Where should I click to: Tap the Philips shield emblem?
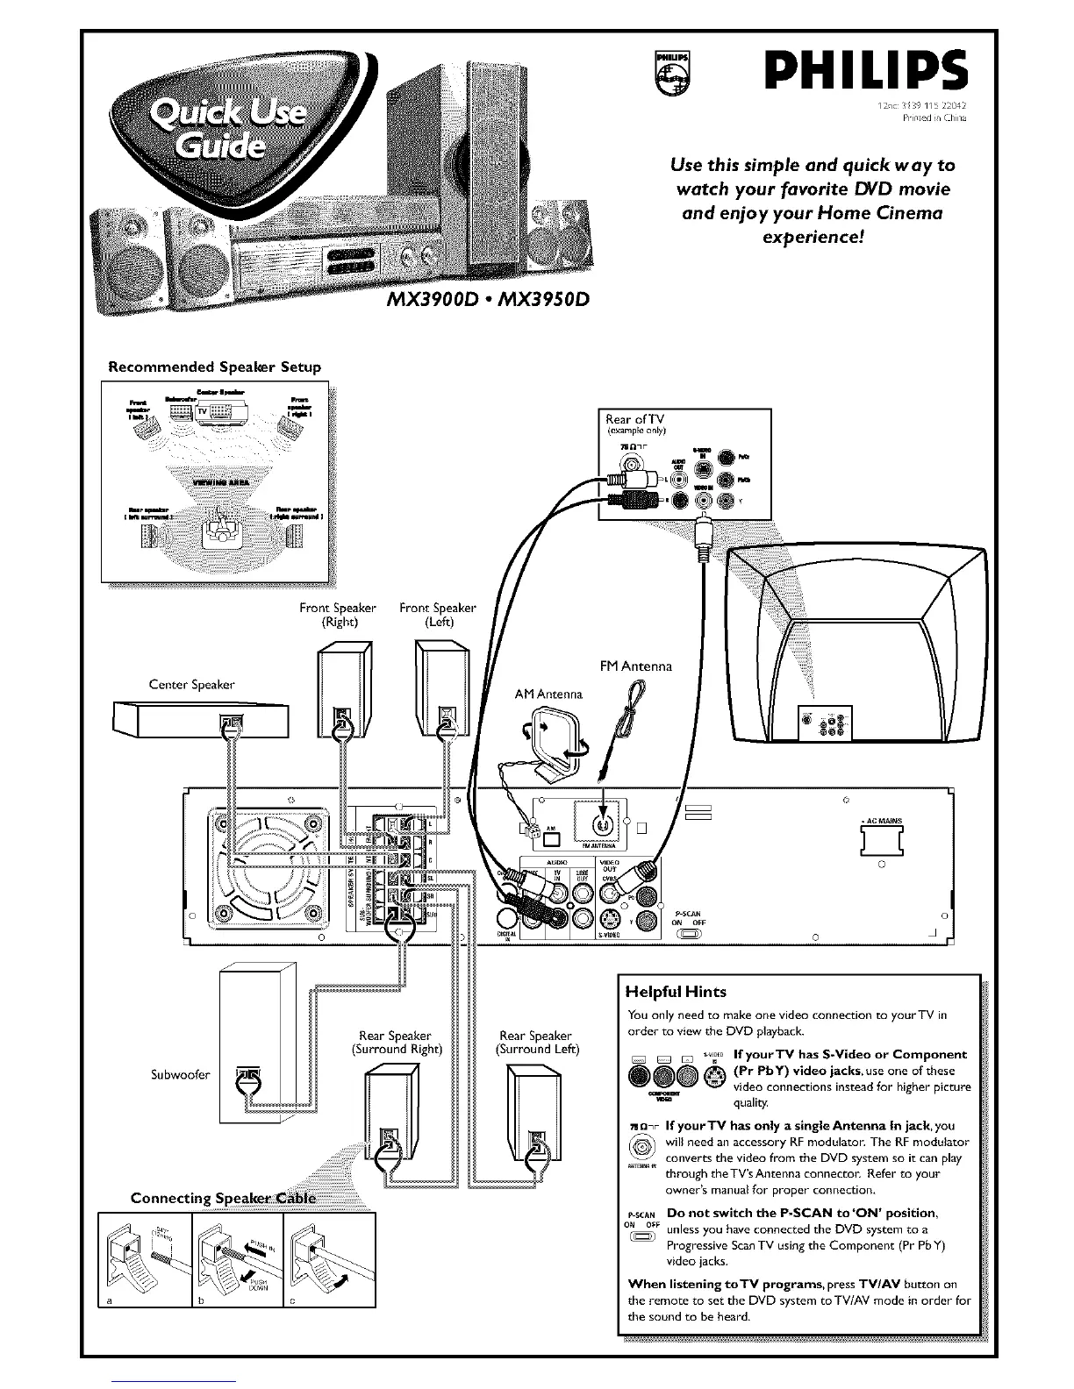(x=672, y=74)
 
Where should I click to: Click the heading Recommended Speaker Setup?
(x=214, y=367)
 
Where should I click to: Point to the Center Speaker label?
(x=192, y=684)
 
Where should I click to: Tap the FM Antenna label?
(x=635, y=666)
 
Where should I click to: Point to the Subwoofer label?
(x=180, y=1075)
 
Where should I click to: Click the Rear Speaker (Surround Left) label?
(x=537, y=1042)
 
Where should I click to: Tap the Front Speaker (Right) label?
(x=337, y=615)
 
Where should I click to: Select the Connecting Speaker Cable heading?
(x=223, y=1199)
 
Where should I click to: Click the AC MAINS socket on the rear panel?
(x=883, y=844)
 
